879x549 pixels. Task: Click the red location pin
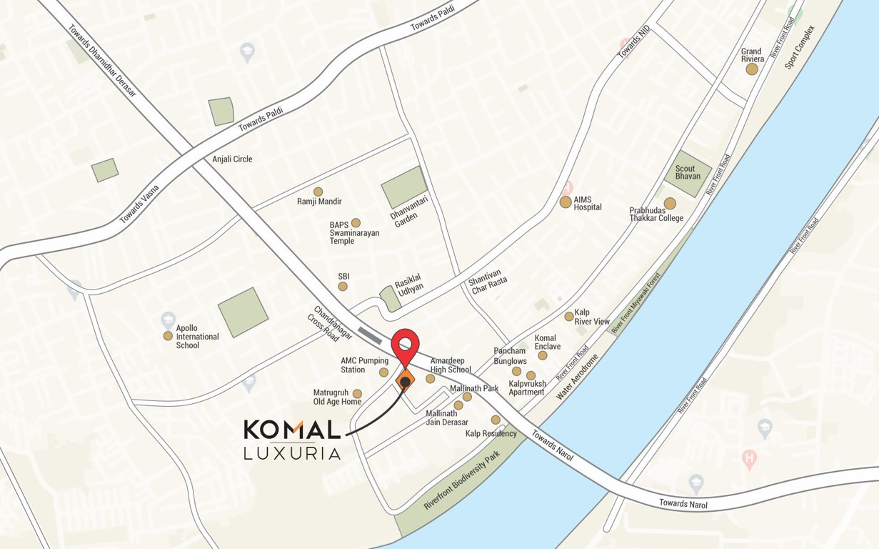click(x=406, y=345)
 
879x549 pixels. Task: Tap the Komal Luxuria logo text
click(x=292, y=439)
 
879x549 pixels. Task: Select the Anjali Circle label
click(x=232, y=159)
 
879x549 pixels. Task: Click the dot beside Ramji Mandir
click(x=318, y=192)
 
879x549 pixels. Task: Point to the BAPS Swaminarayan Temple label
click(x=354, y=233)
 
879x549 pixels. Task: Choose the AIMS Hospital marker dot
click(x=566, y=202)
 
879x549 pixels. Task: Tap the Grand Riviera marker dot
click(x=752, y=69)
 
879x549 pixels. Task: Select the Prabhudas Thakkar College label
click(x=656, y=214)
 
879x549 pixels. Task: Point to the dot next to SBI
click(x=343, y=287)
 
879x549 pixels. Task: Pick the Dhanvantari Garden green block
click(x=404, y=187)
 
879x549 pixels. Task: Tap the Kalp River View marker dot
click(x=569, y=316)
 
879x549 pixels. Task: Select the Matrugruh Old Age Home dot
click(x=357, y=394)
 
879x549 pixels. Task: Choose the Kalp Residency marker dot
click(x=496, y=420)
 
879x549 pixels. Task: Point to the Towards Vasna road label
click(x=140, y=204)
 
